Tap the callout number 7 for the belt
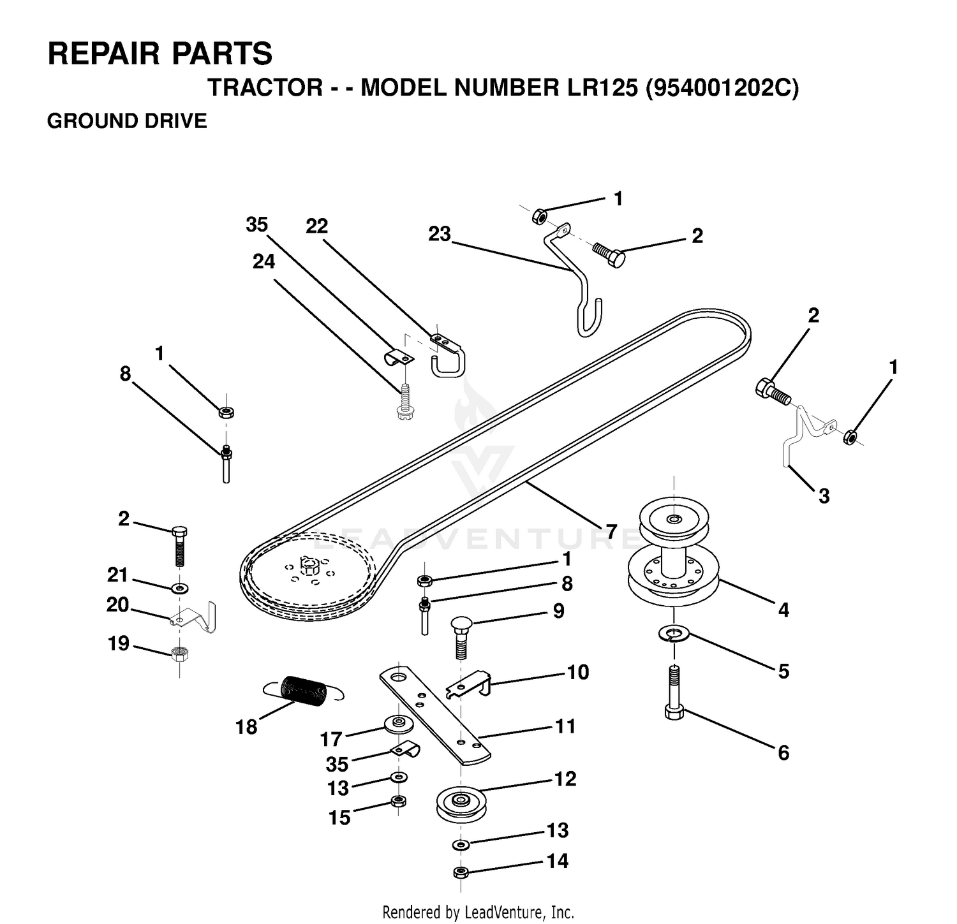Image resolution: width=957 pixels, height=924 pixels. [x=612, y=531]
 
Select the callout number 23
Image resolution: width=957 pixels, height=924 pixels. [x=440, y=234]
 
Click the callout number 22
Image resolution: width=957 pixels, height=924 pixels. [x=317, y=226]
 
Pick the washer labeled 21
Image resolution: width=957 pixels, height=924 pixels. [x=181, y=586]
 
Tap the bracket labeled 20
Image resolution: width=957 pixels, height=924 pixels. [x=193, y=616]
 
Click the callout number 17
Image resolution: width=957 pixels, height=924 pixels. [x=332, y=739]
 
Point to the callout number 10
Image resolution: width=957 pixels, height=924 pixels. [x=578, y=672]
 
